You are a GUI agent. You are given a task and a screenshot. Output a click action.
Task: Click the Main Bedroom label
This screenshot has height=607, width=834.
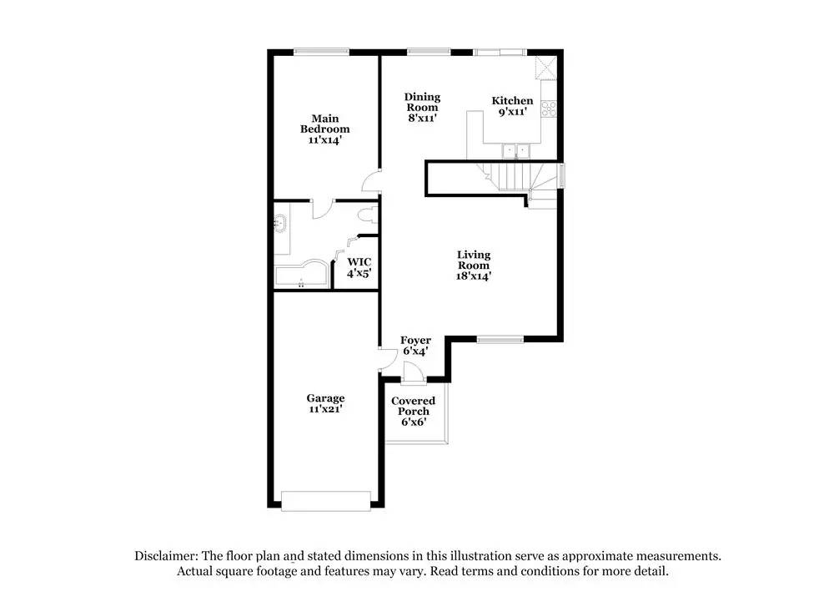(x=324, y=129)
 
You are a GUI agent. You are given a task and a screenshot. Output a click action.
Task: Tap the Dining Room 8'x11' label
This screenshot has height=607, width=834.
(x=422, y=108)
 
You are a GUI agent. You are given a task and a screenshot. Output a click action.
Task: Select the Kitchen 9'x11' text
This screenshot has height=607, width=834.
(x=511, y=106)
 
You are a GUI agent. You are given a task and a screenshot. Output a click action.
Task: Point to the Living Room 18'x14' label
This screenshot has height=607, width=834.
(x=473, y=265)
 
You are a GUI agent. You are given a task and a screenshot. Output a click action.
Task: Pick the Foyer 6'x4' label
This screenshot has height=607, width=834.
(x=415, y=346)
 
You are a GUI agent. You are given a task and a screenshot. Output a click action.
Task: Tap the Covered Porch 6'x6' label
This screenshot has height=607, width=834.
(x=414, y=412)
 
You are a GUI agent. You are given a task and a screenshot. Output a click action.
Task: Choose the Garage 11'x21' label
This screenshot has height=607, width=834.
(x=325, y=404)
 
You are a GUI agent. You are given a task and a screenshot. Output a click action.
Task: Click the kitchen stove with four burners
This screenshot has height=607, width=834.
(x=549, y=108)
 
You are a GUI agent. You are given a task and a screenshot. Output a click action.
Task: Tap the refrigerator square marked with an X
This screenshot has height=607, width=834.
(x=546, y=68)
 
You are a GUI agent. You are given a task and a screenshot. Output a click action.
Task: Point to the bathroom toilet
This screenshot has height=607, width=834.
(x=364, y=216)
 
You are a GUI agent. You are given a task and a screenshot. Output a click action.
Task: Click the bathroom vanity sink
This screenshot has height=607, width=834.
(x=279, y=224)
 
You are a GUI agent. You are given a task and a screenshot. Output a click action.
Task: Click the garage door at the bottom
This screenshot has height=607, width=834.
(x=325, y=500)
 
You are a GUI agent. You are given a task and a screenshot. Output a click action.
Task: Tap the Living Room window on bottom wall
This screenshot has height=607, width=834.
(x=500, y=339)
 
